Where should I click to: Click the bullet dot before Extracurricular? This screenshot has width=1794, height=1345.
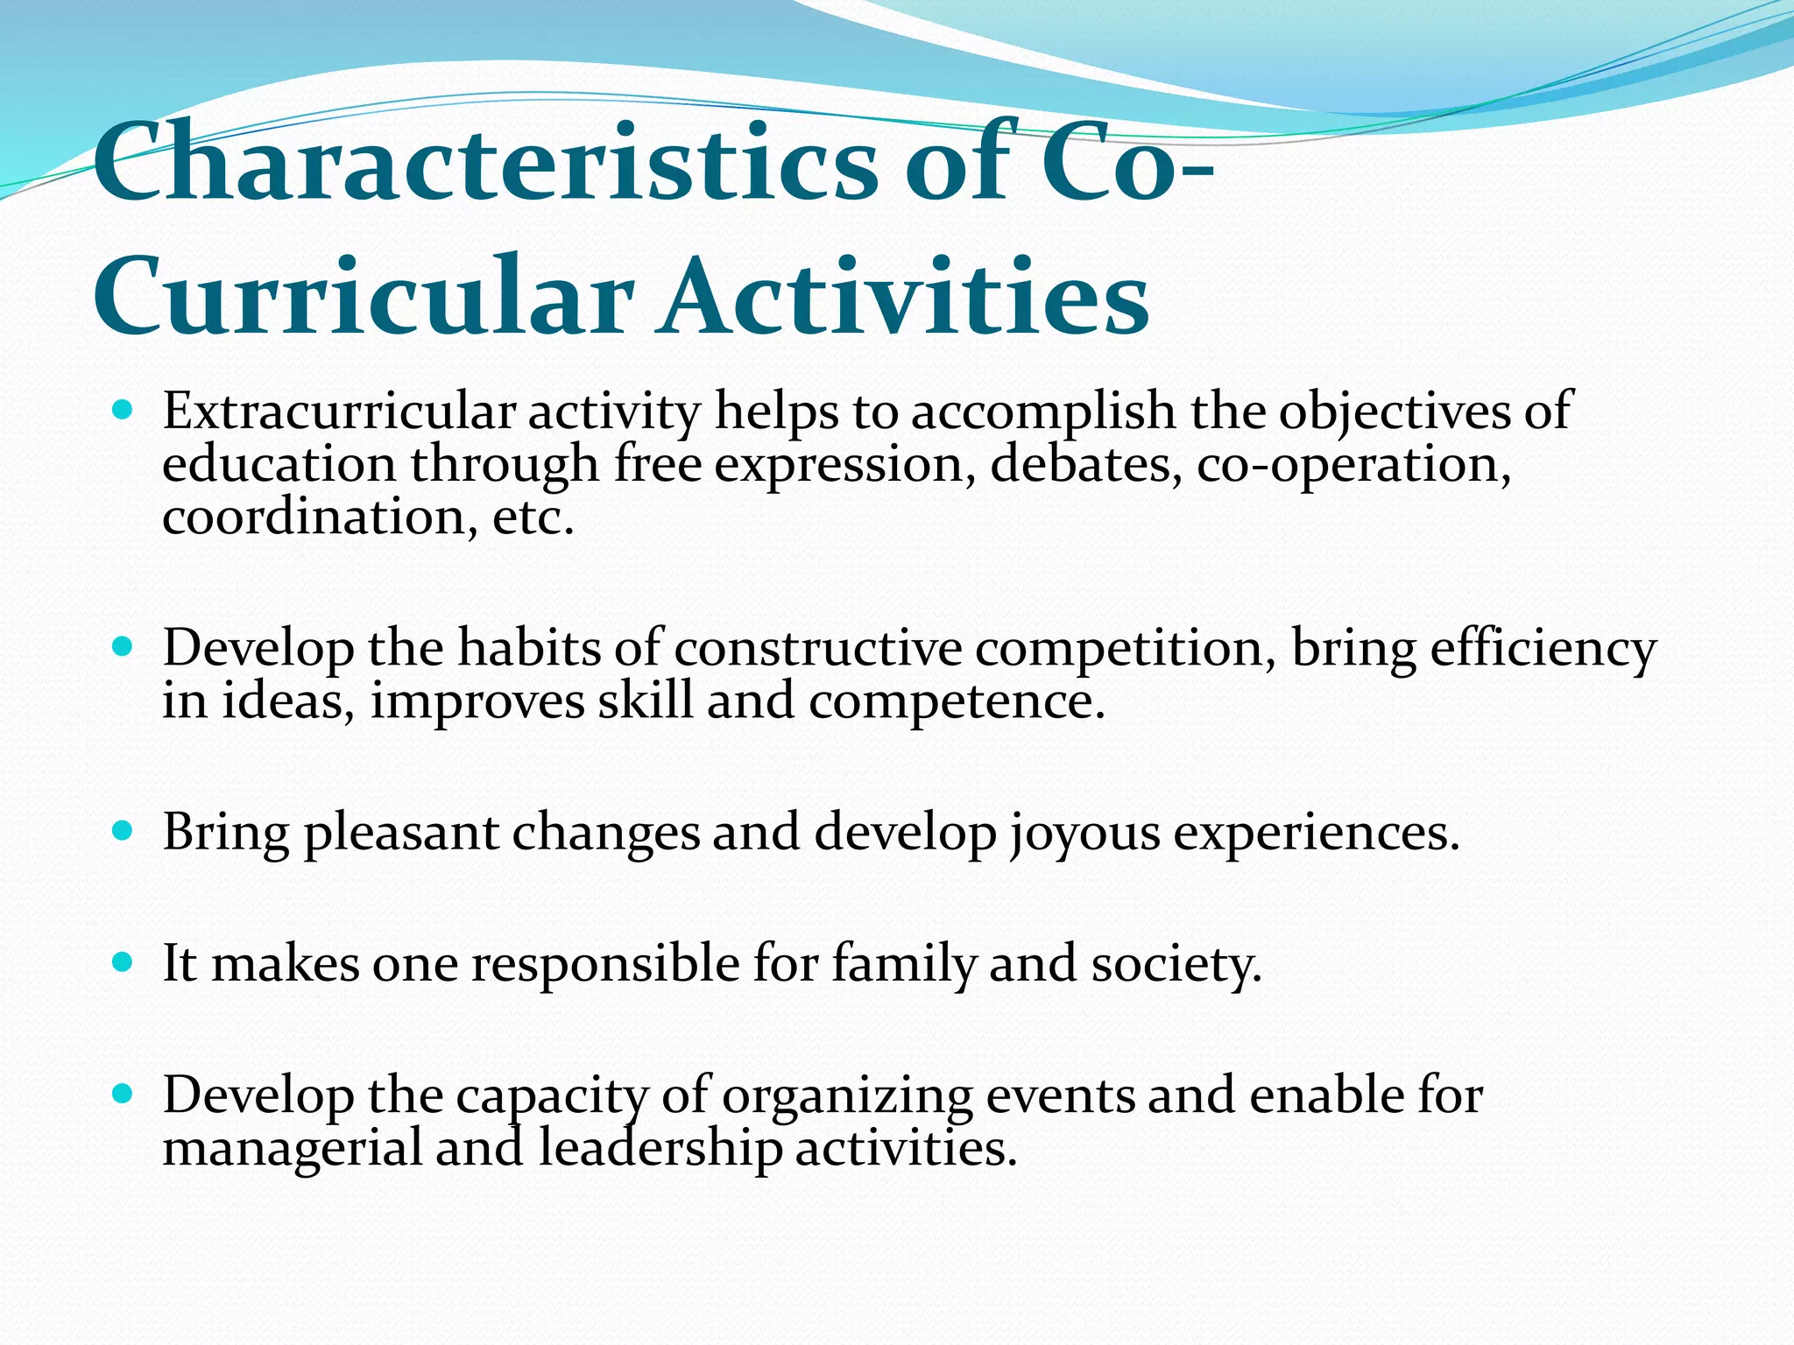(124, 410)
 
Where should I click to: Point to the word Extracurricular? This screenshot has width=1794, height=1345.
(338, 412)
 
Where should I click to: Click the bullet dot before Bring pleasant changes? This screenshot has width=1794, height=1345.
(124, 830)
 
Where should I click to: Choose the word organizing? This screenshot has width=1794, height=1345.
(847, 1096)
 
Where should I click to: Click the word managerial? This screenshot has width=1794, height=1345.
(293, 1148)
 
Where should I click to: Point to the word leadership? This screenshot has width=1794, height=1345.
(660, 1148)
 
